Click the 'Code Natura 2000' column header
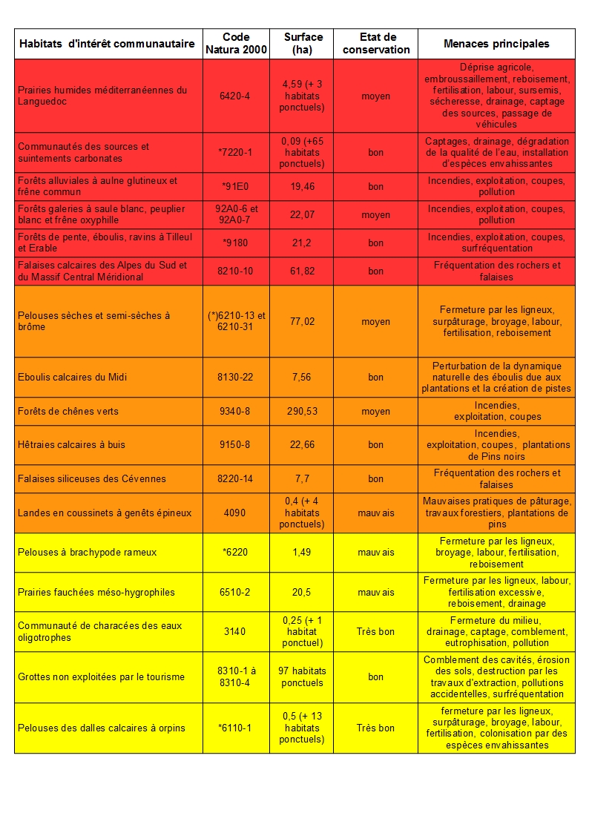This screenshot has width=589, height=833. [236, 43]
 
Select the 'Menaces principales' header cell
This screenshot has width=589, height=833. [496, 44]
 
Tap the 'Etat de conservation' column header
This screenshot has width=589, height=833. [375, 43]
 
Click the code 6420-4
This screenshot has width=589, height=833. [236, 96]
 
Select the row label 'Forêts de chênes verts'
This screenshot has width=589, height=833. [68, 411]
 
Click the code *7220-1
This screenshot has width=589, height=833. [236, 152]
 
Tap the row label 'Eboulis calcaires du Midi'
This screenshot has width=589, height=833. [73, 377]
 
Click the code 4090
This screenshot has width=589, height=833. [236, 513]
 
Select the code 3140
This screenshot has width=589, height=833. [236, 631]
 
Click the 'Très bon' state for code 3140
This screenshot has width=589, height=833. [375, 631]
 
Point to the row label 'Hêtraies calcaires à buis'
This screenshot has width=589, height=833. [71, 444]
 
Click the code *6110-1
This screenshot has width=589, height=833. [236, 728]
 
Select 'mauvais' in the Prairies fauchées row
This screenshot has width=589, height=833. [375, 592]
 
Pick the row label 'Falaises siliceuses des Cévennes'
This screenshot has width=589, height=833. [92, 478]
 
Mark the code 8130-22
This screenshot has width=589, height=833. [236, 377]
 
